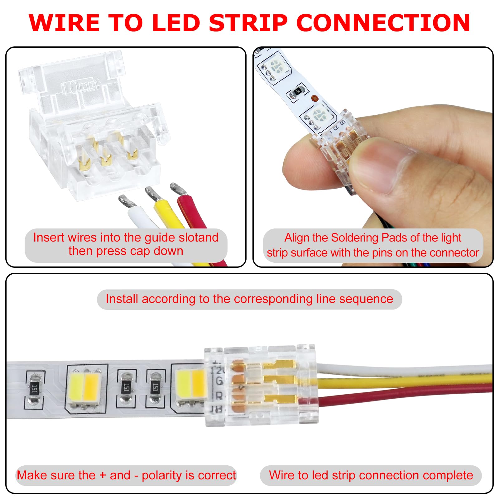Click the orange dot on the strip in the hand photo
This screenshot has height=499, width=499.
pyautogui.click(x=314, y=98)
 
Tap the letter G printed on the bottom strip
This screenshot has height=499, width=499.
pyautogui.click(x=219, y=381)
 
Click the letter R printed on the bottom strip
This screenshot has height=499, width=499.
pyautogui.click(x=219, y=396)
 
